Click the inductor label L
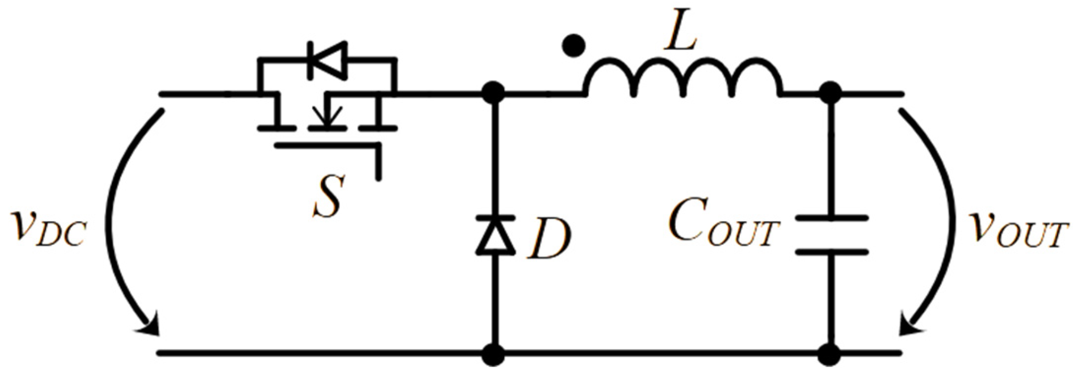(x=680, y=37)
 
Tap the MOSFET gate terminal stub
(x=378, y=165)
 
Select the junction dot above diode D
(x=494, y=95)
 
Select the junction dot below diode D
(x=494, y=354)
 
